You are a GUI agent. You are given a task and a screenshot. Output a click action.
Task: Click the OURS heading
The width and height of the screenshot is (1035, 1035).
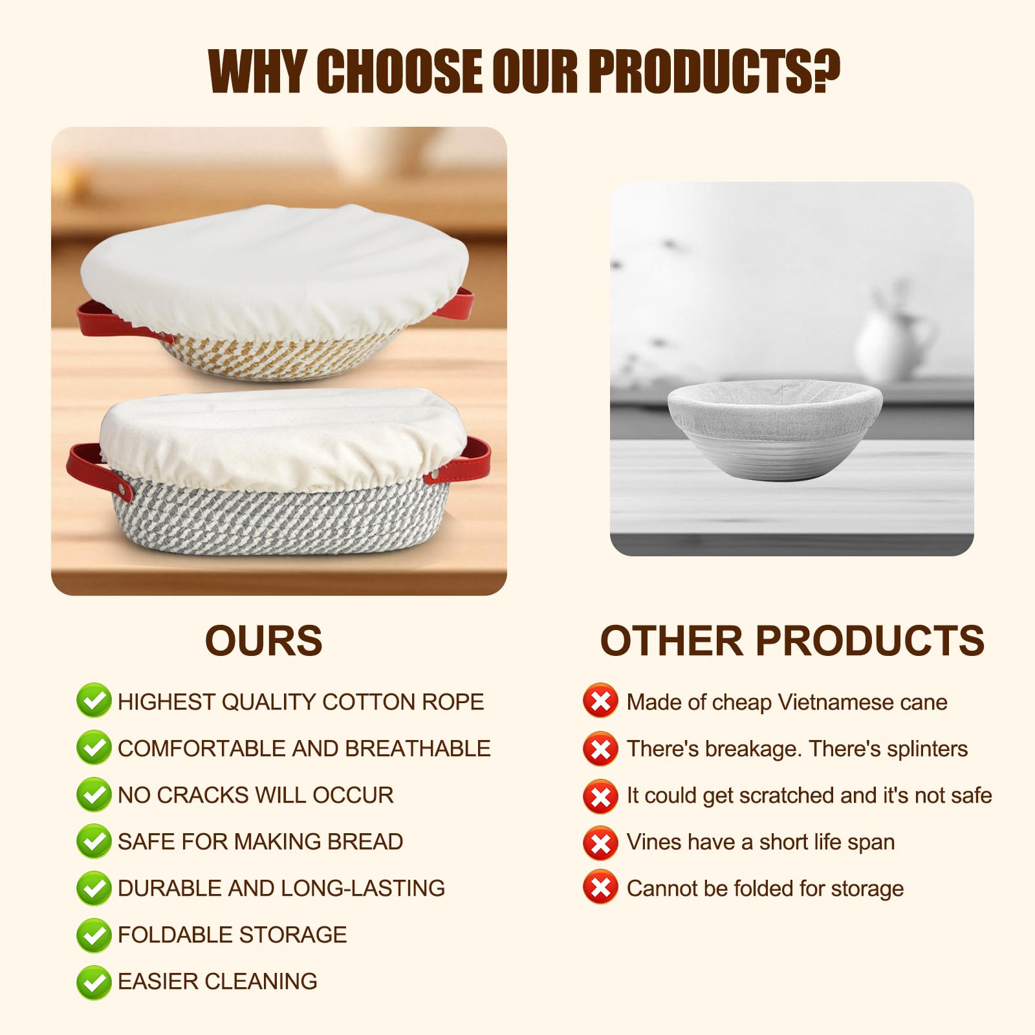click(264, 641)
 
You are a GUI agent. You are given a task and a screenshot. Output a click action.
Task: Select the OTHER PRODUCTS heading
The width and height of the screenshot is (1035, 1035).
click(792, 641)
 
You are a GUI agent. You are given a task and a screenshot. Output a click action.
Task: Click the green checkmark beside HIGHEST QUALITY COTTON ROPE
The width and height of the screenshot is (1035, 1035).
click(94, 701)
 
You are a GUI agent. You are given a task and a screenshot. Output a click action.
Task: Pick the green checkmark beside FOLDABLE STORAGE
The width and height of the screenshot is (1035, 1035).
click(94, 935)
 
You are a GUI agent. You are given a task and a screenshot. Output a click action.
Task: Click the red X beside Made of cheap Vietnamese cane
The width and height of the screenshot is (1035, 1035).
click(600, 701)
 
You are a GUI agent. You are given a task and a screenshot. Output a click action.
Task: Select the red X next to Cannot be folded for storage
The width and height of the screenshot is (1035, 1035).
click(600, 887)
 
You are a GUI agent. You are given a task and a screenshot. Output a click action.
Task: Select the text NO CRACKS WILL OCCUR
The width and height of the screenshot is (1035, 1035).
click(256, 795)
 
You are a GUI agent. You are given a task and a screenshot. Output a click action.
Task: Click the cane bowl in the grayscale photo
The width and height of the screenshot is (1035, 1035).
click(775, 429)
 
